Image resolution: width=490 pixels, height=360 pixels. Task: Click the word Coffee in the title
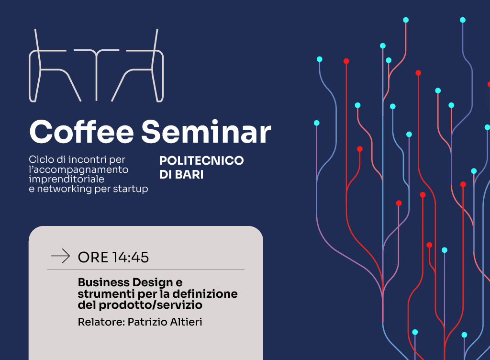81,132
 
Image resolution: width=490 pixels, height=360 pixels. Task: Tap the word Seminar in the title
206,132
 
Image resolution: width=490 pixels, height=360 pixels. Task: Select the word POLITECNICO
201,161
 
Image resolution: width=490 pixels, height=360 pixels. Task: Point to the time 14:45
131,258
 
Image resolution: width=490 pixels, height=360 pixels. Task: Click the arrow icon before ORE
60,256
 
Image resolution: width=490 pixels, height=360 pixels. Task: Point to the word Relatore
101,322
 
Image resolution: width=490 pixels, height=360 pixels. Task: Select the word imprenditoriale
67,179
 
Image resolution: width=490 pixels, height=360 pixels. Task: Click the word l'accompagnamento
78,169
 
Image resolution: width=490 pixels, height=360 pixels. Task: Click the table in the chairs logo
97,75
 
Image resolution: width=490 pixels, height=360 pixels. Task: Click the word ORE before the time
93,258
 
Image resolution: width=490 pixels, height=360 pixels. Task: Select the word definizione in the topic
205,294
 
